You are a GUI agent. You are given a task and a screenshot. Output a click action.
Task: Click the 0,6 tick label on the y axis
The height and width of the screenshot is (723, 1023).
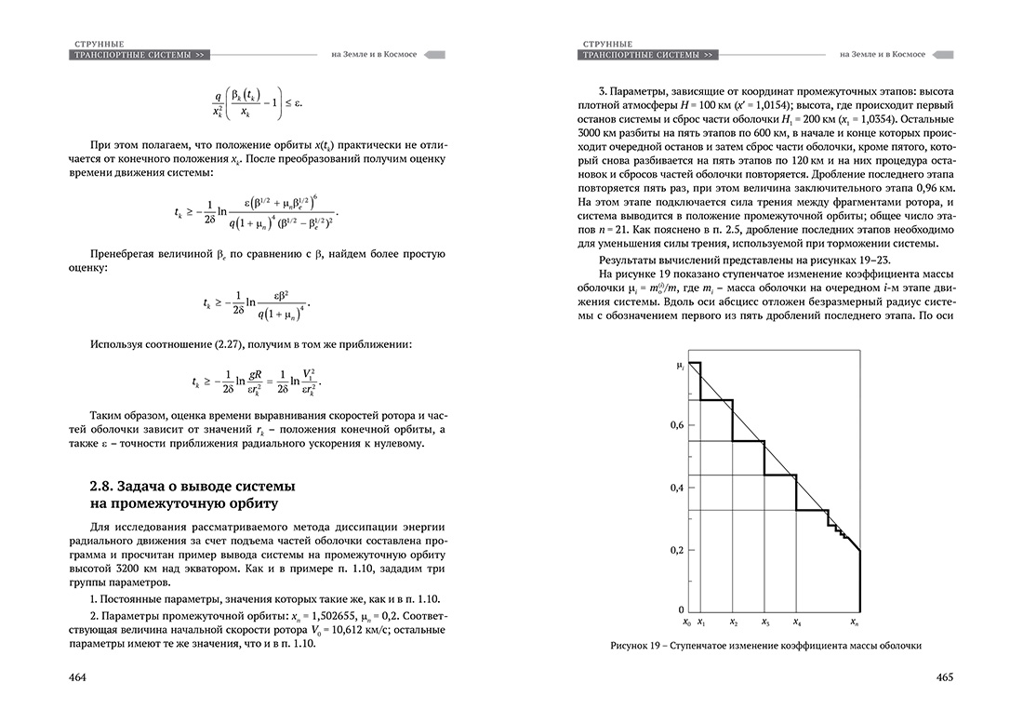pos(677,425)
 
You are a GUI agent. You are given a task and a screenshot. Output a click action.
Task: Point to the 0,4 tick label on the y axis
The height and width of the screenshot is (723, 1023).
pos(677,488)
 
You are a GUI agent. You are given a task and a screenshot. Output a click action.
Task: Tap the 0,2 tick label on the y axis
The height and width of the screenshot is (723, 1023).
pos(677,550)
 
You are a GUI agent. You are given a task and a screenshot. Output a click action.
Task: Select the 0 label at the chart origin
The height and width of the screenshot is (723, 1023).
pos(681,609)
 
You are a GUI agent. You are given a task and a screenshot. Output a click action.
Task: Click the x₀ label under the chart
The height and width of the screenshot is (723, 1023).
pos(686,622)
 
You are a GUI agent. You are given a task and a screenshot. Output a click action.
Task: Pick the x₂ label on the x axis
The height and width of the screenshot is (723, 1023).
pos(734,622)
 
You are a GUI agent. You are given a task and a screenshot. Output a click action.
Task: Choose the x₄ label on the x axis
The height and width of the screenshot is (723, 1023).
pos(797,622)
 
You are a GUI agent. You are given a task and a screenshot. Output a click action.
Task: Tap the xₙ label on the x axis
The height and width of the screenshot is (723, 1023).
pos(857,622)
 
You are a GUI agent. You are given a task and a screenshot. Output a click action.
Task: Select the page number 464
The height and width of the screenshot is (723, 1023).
pos(78,676)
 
